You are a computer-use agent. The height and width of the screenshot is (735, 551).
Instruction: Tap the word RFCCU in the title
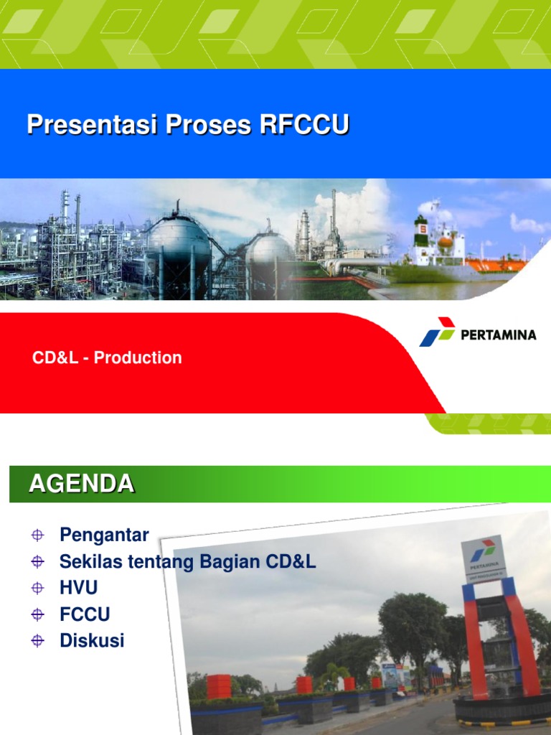pos(304,125)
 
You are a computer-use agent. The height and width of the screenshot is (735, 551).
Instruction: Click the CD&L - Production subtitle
pos(107,357)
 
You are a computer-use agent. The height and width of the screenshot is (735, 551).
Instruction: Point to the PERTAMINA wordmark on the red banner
pos(498,334)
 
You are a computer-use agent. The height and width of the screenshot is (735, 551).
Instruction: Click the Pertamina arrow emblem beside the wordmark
pos(437,332)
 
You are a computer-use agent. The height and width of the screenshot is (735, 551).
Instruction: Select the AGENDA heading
pos(81,484)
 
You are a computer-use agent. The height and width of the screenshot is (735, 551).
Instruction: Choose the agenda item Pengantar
pos(104,535)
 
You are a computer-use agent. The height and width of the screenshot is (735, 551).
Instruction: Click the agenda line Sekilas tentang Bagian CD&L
pos(187,561)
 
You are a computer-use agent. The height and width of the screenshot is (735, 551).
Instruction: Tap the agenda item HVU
pos(78,588)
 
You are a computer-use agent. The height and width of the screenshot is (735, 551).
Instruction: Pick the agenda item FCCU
pos(85,614)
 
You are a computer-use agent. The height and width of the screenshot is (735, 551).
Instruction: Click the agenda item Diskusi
pos(92,640)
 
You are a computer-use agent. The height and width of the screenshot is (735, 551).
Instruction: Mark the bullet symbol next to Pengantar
pos(38,535)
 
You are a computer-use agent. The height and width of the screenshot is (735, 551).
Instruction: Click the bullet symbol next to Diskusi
pos(38,641)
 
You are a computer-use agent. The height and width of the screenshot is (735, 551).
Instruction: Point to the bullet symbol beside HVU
pos(38,589)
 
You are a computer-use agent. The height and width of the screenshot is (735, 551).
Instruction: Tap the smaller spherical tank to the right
pos(269,251)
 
